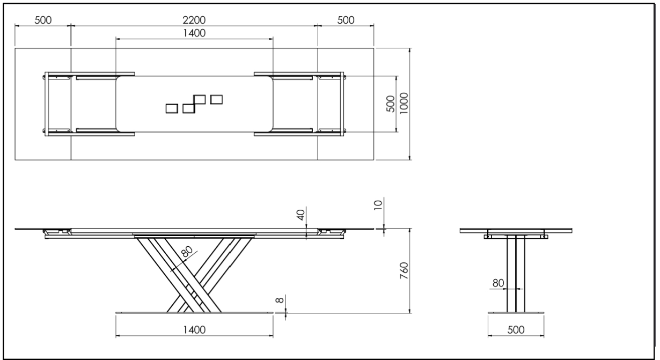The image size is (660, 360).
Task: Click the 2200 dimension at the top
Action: point(194,20)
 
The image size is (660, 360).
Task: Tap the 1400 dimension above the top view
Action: point(194,33)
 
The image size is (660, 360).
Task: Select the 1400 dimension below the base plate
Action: point(194,329)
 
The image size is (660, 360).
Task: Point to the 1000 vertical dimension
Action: point(404,104)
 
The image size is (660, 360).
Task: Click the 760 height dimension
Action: point(404,270)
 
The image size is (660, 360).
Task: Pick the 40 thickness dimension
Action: point(300,215)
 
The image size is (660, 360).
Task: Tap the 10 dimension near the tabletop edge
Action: point(378,205)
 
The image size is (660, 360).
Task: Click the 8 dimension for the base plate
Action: point(280,300)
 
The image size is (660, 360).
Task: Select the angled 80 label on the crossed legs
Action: point(187,251)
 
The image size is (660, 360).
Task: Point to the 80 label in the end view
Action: point(498,283)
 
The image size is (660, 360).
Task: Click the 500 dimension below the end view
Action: point(516,329)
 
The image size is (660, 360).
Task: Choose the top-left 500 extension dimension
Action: point(43,20)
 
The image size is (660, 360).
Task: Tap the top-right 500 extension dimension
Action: point(346,20)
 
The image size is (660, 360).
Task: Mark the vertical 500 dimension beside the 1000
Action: point(391,104)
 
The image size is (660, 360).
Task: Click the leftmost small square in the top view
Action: point(172,108)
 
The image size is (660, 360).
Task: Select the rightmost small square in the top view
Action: point(216,100)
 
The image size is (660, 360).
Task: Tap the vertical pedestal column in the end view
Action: point(516,274)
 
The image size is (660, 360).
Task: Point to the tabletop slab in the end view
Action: point(516,231)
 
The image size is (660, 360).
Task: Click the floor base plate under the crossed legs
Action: point(194,313)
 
